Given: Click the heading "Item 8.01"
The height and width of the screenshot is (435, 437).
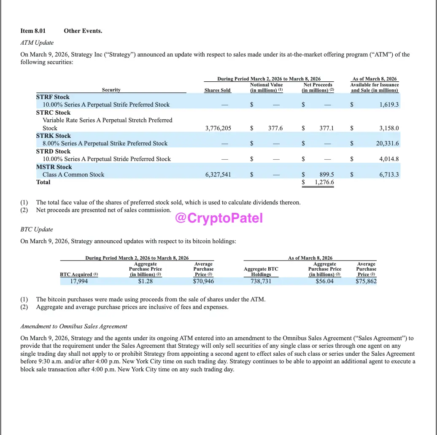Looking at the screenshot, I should pos(33,31).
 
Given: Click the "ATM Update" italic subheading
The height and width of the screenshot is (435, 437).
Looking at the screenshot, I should pos(37,43).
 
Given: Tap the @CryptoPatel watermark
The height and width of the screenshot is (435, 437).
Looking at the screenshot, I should pos(218,218).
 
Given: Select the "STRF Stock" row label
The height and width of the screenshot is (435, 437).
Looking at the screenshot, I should pos(53,97).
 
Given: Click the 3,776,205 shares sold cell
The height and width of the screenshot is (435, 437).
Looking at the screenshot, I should pos(218,128).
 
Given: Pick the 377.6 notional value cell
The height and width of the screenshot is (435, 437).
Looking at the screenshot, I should pos(275,128).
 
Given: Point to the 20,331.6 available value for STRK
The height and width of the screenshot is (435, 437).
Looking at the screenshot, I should pos(387,144).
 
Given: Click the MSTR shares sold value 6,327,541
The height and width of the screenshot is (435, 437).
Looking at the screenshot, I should pos(218,175).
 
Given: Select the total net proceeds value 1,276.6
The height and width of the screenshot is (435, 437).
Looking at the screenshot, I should pos(324,183).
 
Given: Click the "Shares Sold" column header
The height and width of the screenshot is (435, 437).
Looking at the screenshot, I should pos(217,90).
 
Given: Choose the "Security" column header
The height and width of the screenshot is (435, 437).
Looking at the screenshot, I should pos(111,90).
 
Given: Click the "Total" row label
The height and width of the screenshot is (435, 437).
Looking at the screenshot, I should pos(43,183).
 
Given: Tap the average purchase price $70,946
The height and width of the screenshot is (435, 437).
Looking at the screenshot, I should pos(203,281).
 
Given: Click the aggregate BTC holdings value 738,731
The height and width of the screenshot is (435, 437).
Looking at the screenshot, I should pos(261,281).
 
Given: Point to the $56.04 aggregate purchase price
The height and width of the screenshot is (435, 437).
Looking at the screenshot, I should pos(324,281).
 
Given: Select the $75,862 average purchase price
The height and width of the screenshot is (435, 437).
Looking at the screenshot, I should pos(366,281).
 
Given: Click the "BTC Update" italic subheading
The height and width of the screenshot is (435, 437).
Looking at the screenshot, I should pos(37,230).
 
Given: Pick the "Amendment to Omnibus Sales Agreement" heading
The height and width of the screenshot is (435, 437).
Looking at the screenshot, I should pos(74,326).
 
